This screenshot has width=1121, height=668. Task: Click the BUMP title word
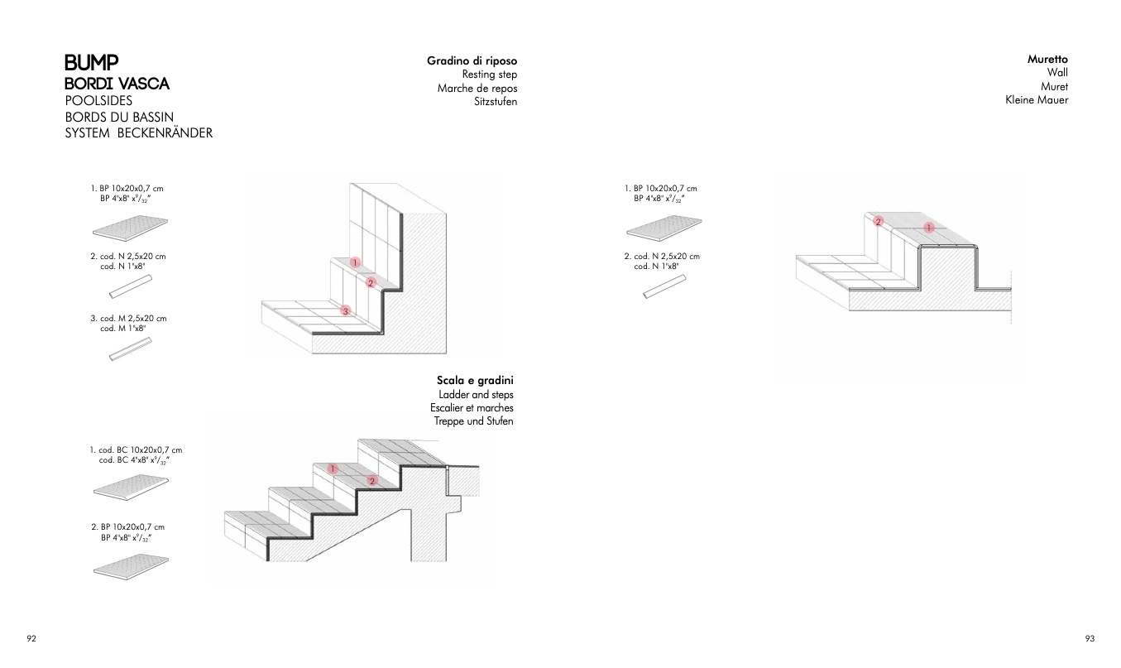(x=92, y=63)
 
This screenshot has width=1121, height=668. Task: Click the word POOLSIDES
(x=98, y=101)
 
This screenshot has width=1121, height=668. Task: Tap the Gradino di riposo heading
(x=472, y=61)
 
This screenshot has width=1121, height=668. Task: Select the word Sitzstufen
(x=496, y=102)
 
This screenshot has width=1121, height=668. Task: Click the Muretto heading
(x=1047, y=59)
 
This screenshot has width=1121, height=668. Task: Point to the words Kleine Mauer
(x=1037, y=99)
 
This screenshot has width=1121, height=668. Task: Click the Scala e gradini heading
(x=475, y=381)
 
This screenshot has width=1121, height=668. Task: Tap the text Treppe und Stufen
(x=473, y=421)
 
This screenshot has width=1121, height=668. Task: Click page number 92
(x=31, y=638)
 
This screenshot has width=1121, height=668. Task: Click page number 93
(x=1090, y=638)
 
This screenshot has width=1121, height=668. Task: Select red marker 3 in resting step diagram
(x=345, y=311)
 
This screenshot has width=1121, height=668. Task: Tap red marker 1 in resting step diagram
(x=355, y=262)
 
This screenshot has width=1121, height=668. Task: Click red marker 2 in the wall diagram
(x=879, y=221)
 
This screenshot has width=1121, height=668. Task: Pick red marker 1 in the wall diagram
(x=929, y=228)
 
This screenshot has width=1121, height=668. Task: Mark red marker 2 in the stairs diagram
(x=372, y=481)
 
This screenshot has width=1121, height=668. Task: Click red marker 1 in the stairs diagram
(x=333, y=469)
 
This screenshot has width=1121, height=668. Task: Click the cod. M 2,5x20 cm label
(x=128, y=319)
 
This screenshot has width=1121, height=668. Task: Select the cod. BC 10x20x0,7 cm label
(x=136, y=450)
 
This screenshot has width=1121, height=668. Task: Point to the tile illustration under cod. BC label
(x=131, y=487)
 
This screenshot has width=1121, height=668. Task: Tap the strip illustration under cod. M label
(x=131, y=349)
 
